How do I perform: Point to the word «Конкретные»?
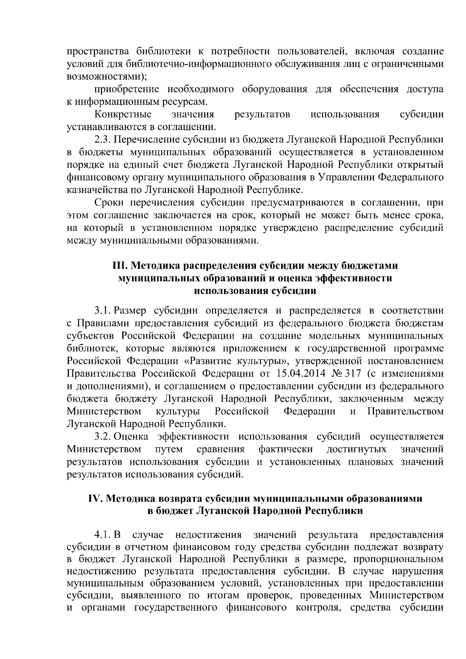pyautogui.click(x=123, y=115)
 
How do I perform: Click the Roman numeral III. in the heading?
pyautogui.click(x=118, y=266)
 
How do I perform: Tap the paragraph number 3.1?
pyautogui.click(x=102, y=311)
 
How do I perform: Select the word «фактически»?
pyautogui.click(x=286, y=449)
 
